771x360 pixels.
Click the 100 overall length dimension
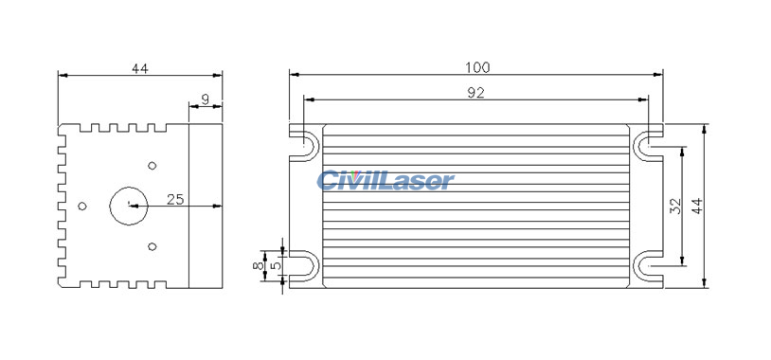point(477,67)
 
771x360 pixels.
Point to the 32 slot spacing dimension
point(675,207)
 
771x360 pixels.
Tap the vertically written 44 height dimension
point(698,207)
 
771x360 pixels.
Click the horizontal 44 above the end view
point(140,68)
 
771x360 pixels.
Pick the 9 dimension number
point(206,99)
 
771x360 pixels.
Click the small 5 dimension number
point(276,266)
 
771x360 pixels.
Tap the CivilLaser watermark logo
point(385,180)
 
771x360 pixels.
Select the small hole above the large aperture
point(152,165)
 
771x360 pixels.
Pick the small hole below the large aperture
point(152,246)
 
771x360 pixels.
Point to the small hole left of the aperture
point(82,206)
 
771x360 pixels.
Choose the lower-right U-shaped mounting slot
point(649,266)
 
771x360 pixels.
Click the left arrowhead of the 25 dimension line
point(134,205)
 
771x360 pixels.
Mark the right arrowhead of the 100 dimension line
point(659,73)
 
